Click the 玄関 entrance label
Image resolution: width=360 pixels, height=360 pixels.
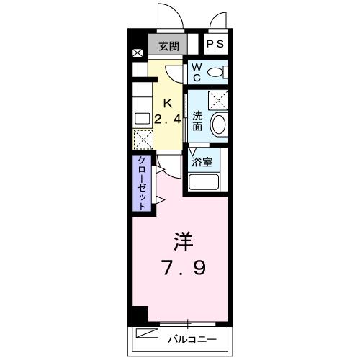[x=168, y=46]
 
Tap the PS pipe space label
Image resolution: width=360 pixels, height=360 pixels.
[x=215, y=45]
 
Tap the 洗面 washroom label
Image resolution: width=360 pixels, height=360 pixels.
[x=197, y=120]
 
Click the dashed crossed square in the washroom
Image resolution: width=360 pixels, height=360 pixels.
[x=217, y=100]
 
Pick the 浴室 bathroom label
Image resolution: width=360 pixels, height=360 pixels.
[x=202, y=161]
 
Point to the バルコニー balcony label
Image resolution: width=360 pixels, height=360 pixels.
[x=192, y=337]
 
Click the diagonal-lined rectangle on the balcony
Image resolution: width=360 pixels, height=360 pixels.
[x=148, y=335]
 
